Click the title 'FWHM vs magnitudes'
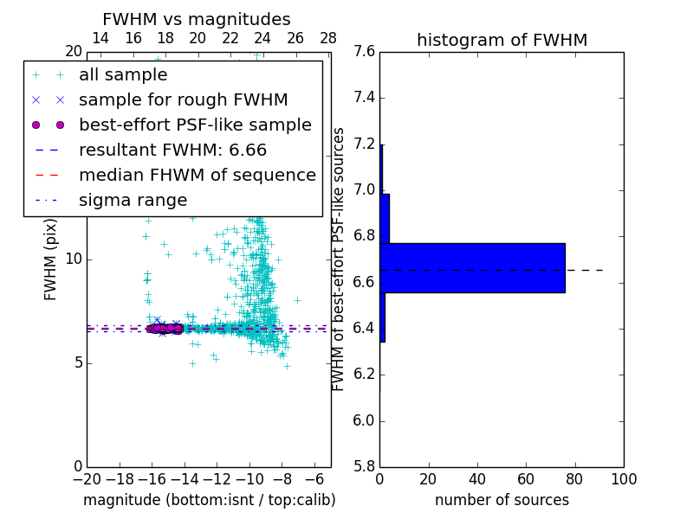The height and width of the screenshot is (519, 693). [x=197, y=19]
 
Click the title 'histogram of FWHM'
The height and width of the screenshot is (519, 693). [x=502, y=40]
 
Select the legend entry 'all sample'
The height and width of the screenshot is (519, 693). [x=123, y=75]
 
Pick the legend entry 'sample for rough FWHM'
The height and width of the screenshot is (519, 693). [x=183, y=100]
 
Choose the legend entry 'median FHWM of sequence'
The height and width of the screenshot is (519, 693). [x=197, y=176]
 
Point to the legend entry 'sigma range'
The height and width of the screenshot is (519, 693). [x=133, y=201]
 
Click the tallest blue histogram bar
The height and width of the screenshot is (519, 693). [x=472, y=268]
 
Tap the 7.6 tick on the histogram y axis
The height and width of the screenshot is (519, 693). [x=365, y=52]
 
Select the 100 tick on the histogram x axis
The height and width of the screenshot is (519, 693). [x=624, y=479]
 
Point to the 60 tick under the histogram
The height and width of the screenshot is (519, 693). [x=526, y=479]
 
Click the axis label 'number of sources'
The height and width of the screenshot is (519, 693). [x=502, y=501]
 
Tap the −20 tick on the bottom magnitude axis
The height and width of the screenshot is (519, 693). [x=87, y=479]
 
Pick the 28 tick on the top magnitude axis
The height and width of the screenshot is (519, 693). [x=328, y=38]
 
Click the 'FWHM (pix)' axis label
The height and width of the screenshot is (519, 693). [x=51, y=259]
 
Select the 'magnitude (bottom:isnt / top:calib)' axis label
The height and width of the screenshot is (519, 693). [x=209, y=501]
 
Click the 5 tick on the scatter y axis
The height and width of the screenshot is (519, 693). [x=76, y=362]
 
